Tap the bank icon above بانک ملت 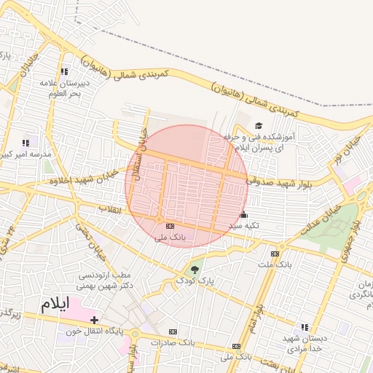pos(275,254)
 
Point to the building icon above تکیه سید pos(243,215)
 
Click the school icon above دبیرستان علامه pos(65,71)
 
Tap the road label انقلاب pos(110,209)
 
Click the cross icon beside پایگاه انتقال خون pos(94,320)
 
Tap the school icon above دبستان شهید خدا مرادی pos(305,327)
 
